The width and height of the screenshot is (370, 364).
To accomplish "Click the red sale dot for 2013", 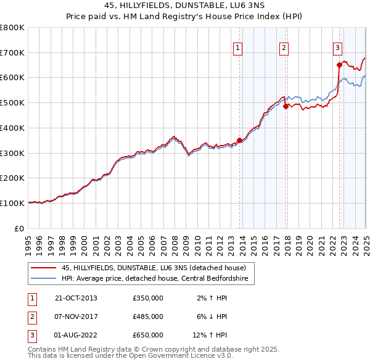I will [x=239, y=140].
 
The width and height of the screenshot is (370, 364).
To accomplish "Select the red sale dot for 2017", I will [x=286, y=106].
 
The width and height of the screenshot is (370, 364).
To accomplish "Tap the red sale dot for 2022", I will [x=339, y=64].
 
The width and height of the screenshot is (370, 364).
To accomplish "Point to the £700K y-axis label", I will [x=12, y=52].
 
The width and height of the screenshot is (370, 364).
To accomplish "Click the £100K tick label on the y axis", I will [x=12, y=203].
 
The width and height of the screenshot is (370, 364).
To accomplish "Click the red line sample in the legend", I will [x=43, y=268].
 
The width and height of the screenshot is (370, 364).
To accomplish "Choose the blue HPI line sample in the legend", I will [x=43, y=278].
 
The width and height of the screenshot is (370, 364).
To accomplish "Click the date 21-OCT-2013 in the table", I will [x=76, y=298].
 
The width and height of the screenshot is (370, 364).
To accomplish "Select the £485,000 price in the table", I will [x=148, y=316].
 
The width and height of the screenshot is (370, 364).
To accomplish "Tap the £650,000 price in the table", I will [x=148, y=335].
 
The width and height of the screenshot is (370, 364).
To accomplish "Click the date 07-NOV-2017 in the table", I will [x=76, y=316].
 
